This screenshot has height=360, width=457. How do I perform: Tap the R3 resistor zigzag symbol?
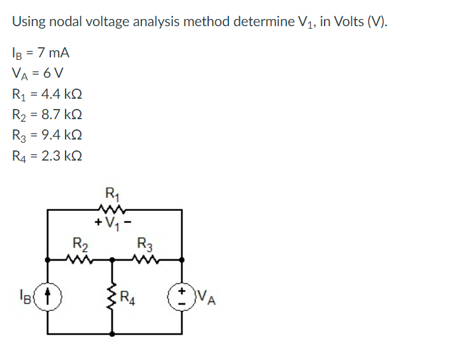[x=146, y=259]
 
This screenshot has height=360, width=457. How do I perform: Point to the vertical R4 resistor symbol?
[x=113, y=296]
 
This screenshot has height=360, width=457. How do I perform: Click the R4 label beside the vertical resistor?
[x=129, y=297]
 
